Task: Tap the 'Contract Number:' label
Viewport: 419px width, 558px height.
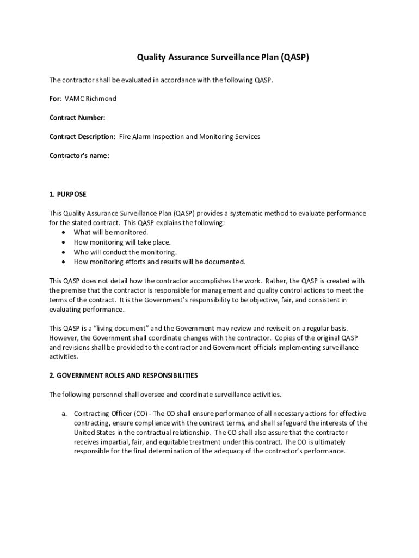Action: click(77, 118)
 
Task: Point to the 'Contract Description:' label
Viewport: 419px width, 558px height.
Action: click(82, 137)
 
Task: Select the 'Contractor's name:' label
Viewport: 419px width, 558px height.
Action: click(79, 156)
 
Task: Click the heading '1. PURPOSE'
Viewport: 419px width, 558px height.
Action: click(67, 194)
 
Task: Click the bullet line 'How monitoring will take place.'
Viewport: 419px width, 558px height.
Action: click(122, 242)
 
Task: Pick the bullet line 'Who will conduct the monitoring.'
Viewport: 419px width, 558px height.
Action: click(125, 252)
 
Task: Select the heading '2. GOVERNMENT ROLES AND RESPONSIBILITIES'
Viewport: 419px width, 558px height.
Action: click(124, 375)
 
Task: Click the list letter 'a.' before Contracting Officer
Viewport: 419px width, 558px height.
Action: click(64, 413)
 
